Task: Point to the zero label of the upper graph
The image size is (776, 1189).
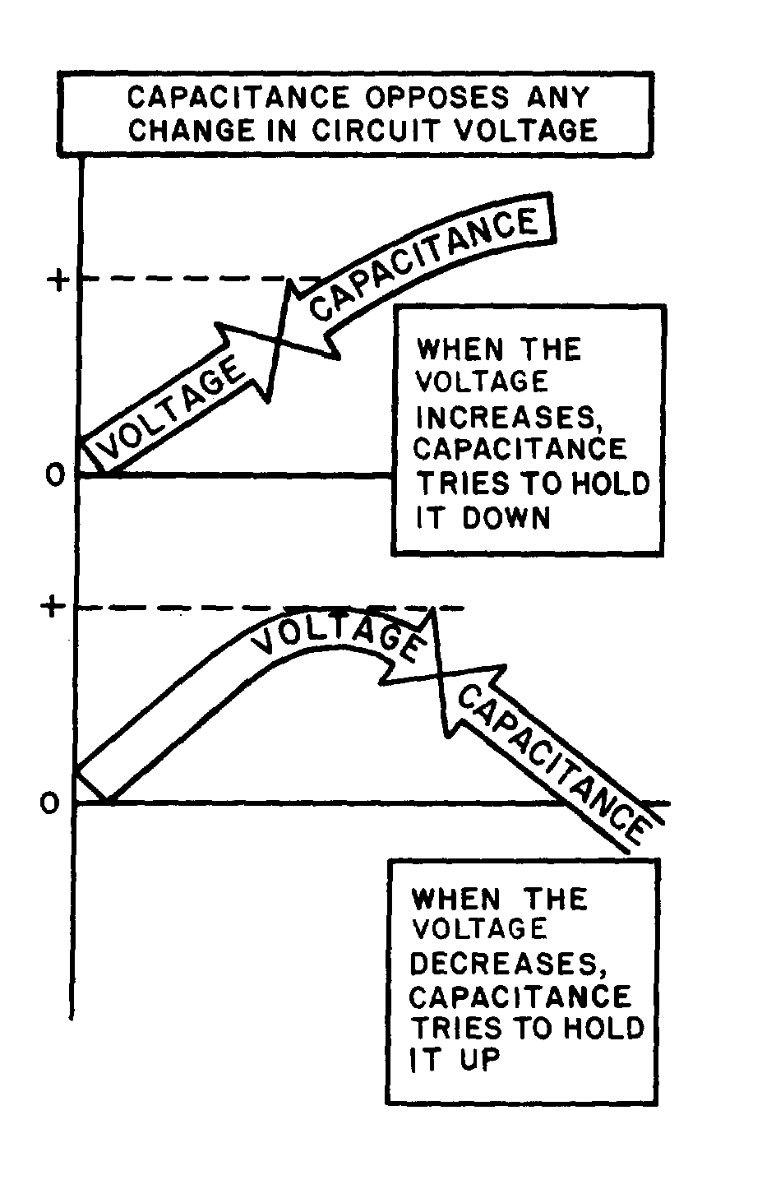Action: pos(54,476)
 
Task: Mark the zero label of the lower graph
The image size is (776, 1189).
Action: pos(51,803)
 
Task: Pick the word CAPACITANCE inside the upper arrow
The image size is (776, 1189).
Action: pos(427,263)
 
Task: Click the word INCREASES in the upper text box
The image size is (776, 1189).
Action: pos(506,417)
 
